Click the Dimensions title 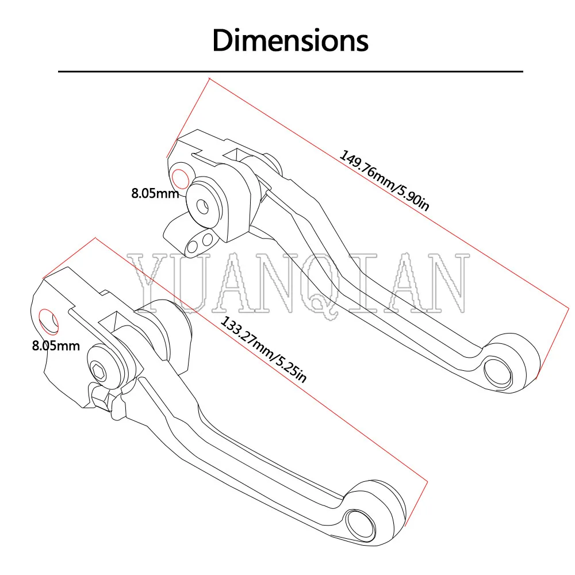(x=290, y=41)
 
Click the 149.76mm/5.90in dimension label (x=384, y=181)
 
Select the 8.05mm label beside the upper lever (x=155, y=193)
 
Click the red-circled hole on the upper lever (x=180, y=179)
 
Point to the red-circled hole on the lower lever (x=49, y=321)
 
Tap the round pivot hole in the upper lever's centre (x=202, y=205)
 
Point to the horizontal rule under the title (x=290, y=71)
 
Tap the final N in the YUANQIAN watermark (x=447, y=281)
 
